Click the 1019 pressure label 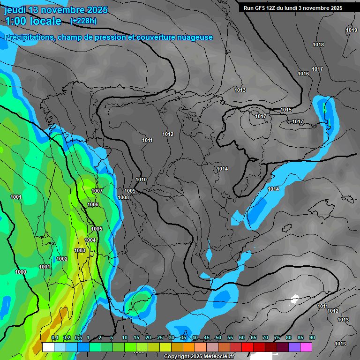coord(352,30)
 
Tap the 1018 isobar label coord(318,45)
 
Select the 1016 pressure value coord(303,74)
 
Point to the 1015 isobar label coord(286,110)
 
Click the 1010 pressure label coord(141,180)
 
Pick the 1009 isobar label coord(130,191)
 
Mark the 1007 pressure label coord(97,191)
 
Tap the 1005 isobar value coord(97,229)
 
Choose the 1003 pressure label coord(80,250)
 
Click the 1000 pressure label coord(21,272)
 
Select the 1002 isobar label coord(62,259)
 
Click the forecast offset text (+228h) coord(83,21)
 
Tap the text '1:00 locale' coord(33,21)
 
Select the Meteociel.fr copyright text coord(199,356)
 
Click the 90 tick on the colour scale coord(312,337)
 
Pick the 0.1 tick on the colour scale coord(55,337)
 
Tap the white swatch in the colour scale coord(48,347)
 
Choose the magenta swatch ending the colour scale coord(306,347)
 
